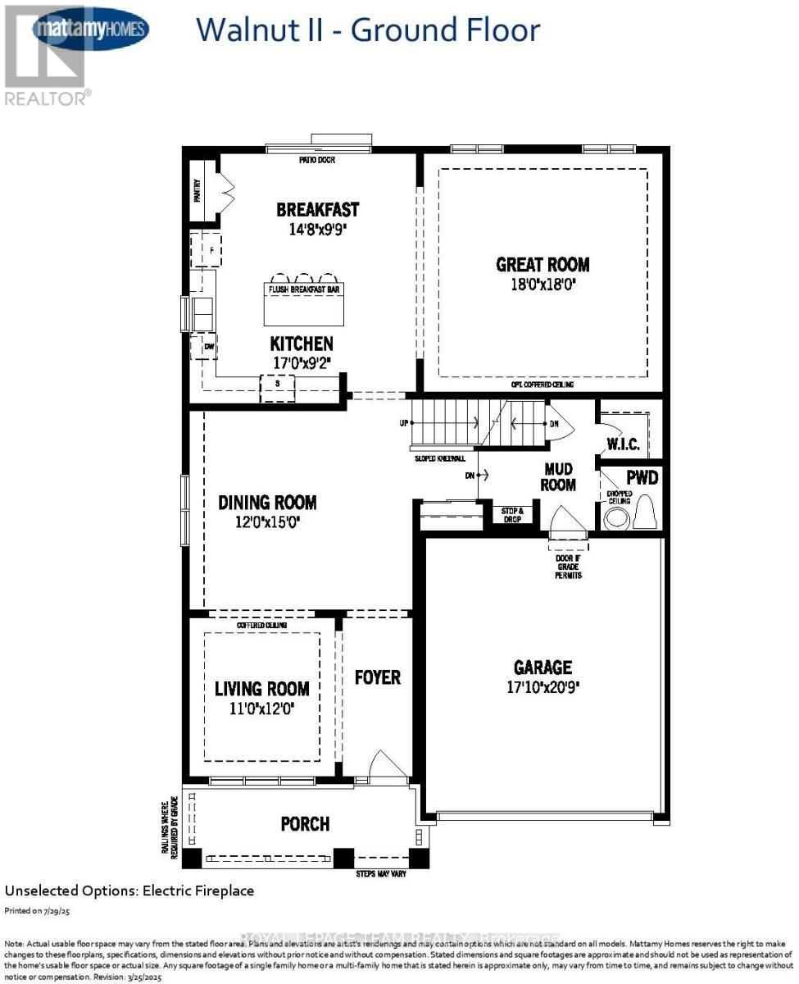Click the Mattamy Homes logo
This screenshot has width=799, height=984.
click(x=90, y=30)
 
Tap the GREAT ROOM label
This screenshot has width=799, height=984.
click(x=543, y=265)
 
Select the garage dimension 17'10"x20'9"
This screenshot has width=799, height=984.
click(x=543, y=688)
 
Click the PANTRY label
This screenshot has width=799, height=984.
click(x=197, y=190)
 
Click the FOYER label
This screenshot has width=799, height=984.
click(x=377, y=677)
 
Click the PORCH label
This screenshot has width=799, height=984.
click(x=305, y=823)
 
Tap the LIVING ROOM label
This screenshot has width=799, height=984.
click(x=262, y=689)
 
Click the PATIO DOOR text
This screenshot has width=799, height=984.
click(x=317, y=160)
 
